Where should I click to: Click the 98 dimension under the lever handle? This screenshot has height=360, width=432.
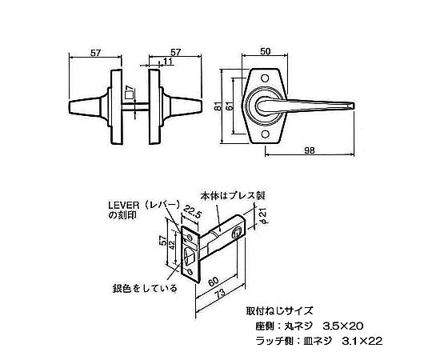(x=310, y=150)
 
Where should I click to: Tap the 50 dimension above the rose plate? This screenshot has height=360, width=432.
(x=265, y=51)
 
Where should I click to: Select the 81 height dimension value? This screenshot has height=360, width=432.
(x=218, y=106)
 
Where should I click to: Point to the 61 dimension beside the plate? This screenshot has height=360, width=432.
(x=230, y=106)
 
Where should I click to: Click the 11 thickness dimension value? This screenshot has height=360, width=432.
(x=168, y=61)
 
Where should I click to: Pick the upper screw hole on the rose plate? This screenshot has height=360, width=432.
(x=266, y=78)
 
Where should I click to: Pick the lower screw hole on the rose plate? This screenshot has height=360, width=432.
(x=266, y=134)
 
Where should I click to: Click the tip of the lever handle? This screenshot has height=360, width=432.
(x=354, y=106)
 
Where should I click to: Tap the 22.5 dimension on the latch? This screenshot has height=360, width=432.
(x=192, y=211)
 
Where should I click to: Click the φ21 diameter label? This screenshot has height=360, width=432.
(x=263, y=217)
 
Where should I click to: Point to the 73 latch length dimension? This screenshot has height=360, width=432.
(x=219, y=293)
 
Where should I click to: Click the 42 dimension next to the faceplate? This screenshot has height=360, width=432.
(x=172, y=245)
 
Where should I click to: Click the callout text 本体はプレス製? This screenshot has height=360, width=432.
(x=233, y=196)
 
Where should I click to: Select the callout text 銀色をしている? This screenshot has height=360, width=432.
(x=145, y=288)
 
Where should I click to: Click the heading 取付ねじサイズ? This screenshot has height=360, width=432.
(x=279, y=311)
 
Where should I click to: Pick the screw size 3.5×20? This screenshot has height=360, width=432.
(x=342, y=326)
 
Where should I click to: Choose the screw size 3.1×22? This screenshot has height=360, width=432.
(x=362, y=342)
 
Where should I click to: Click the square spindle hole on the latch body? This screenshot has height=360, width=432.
(x=236, y=233)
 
